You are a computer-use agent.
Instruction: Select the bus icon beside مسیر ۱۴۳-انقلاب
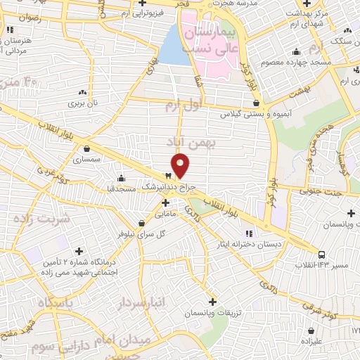point(321,255)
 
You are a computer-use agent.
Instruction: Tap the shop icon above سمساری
point(86,149)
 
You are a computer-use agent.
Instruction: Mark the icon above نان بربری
point(84,92)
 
